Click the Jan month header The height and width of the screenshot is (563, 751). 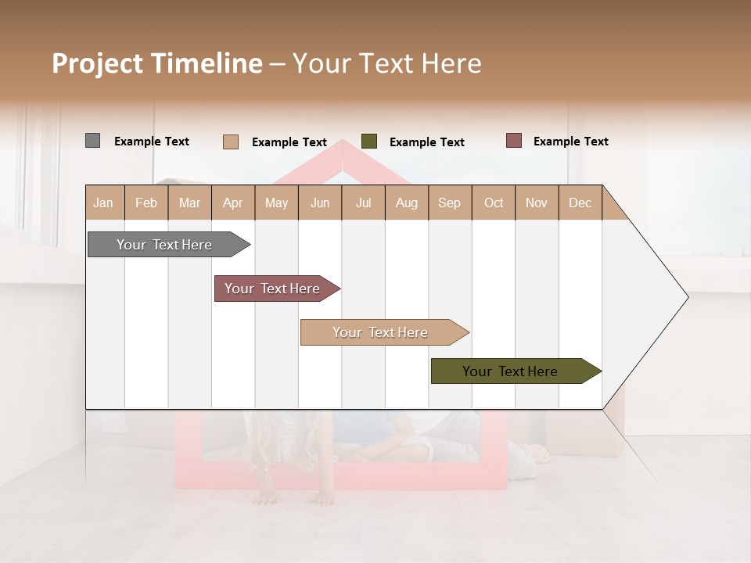(x=103, y=203)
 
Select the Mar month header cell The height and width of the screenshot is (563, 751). (x=189, y=203)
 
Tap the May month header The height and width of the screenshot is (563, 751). (x=276, y=203)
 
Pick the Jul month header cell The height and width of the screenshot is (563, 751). (x=363, y=203)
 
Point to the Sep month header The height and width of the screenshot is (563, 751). (x=449, y=203)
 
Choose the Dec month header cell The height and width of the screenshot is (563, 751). (x=580, y=203)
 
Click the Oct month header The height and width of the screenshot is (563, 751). (x=494, y=203)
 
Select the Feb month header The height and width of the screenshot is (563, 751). (x=146, y=203)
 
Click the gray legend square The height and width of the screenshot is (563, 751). (x=92, y=141)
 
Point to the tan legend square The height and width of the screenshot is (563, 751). (x=230, y=142)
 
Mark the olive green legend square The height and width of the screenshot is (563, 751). (x=369, y=142)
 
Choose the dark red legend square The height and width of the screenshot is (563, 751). (x=513, y=141)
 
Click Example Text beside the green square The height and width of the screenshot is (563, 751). (x=426, y=142)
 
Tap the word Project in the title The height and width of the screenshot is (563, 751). (x=97, y=63)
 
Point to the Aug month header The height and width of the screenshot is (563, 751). (x=406, y=203)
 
